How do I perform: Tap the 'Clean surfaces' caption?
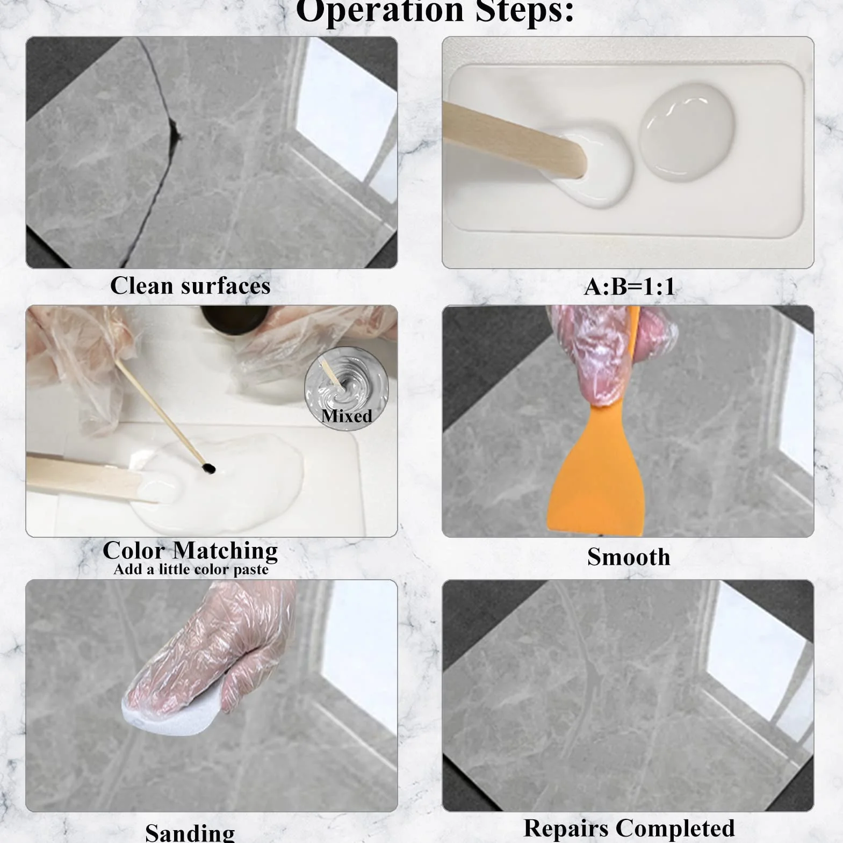(x=190, y=286)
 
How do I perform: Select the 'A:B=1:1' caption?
(x=629, y=286)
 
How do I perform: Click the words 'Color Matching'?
(x=190, y=550)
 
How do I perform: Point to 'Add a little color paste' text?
(x=191, y=570)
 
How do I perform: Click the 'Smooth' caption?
(x=629, y=557)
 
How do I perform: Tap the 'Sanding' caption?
(x=190, y=832)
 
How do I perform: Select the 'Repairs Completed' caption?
(x=629, y=828)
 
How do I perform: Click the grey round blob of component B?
(x=686, y=131)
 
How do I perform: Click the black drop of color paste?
(x=209, y=469)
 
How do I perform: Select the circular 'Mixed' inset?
(x=346, y=388)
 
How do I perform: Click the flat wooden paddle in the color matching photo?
(x=91, y=478)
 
